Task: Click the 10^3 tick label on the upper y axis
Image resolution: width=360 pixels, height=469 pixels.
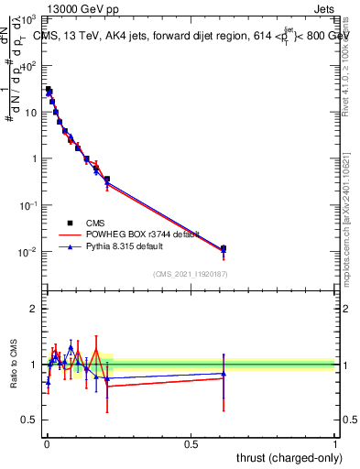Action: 29,19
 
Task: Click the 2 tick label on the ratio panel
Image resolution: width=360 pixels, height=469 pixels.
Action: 34,309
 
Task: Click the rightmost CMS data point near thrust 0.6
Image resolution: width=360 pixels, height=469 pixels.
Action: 224,248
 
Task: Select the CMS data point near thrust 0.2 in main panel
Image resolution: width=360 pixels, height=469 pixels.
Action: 107,180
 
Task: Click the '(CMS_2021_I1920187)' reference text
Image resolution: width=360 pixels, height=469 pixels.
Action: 190,273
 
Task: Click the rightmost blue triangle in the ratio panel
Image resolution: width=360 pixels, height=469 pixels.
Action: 224,373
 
